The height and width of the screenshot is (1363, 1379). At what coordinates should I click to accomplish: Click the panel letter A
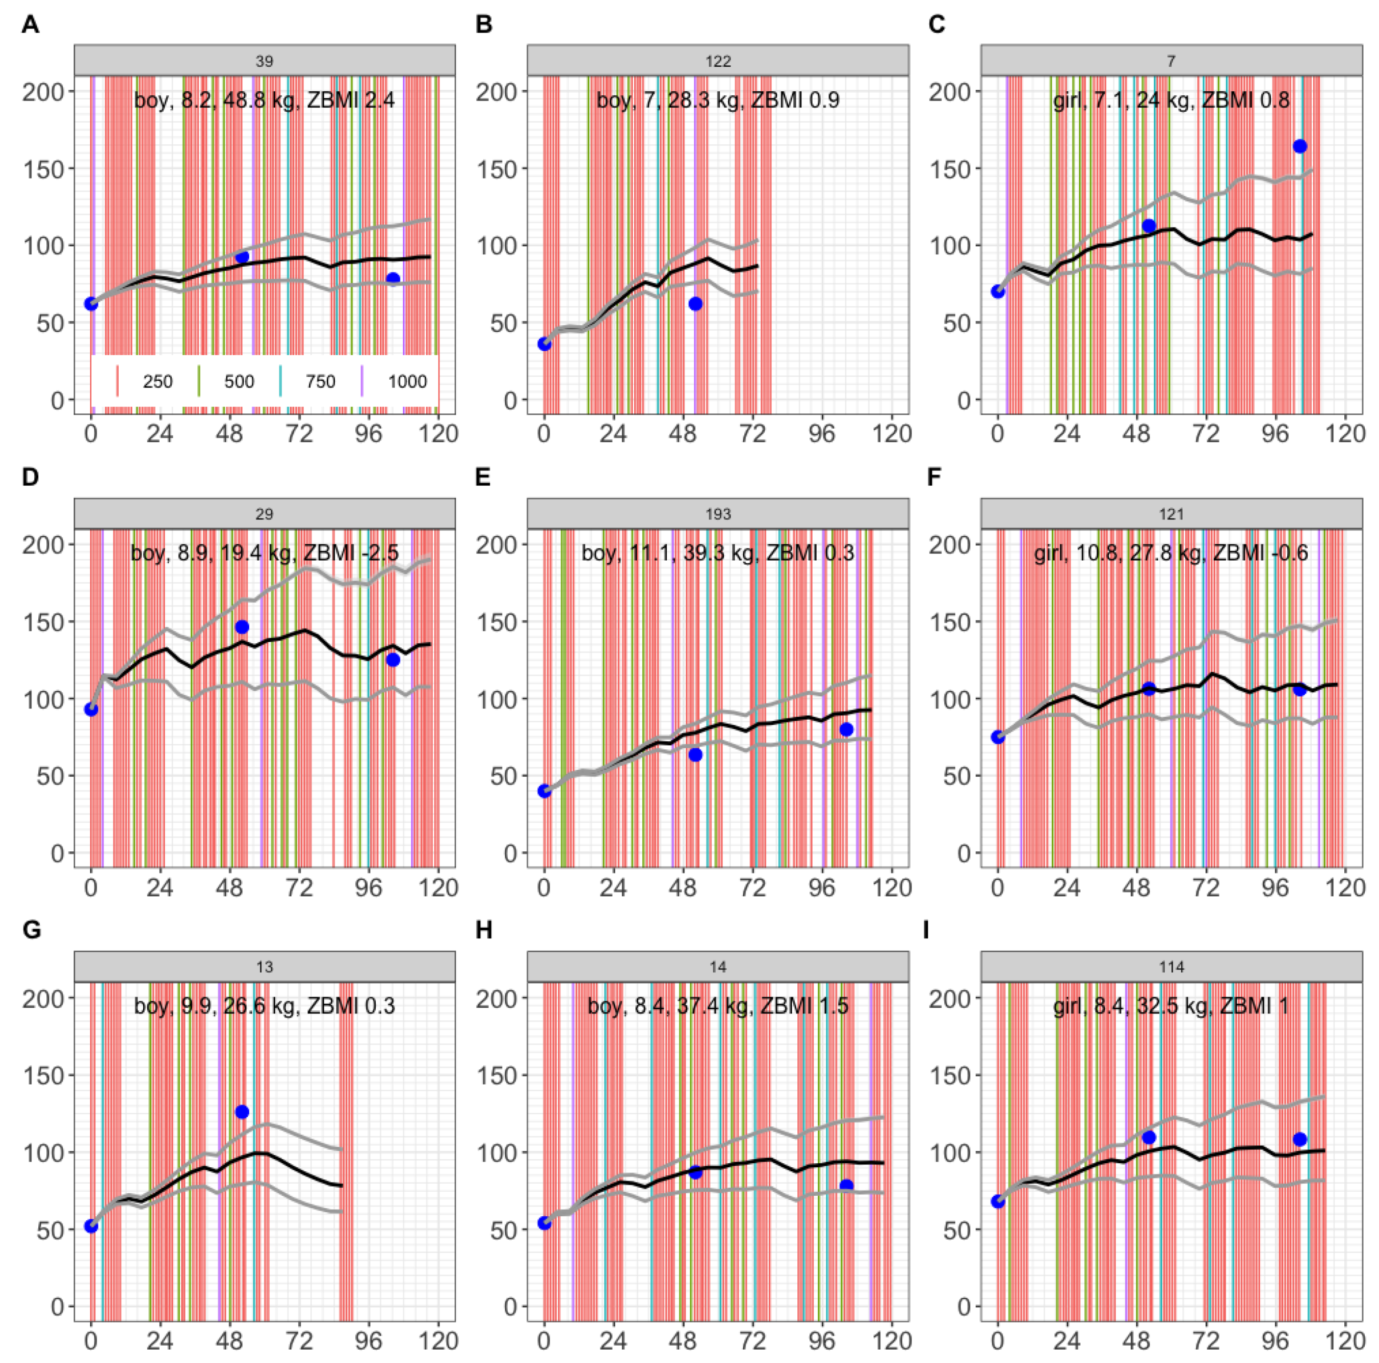coord(30,24)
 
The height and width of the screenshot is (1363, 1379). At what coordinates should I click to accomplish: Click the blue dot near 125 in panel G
coord(242,1112)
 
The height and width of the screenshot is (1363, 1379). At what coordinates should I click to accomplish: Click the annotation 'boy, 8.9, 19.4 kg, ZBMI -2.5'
coord(264,553)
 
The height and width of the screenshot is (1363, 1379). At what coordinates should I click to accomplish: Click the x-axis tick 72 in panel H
coord(752,1342)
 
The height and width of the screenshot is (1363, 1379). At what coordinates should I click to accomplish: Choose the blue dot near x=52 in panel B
coord(695,304)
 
